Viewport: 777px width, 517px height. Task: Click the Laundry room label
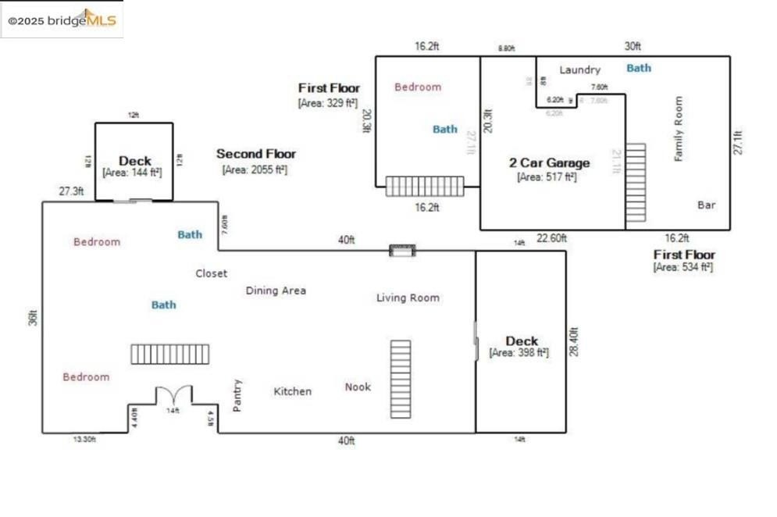click(579, 70)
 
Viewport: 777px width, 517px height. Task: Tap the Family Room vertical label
click(679, 129)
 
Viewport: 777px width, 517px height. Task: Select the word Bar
click(706, 205)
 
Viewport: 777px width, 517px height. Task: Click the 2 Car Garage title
click(549, 162)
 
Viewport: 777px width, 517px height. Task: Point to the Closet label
click(211, 273)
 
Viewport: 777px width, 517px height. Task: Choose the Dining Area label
click(276, 291)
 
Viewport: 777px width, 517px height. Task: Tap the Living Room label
click(408, 298)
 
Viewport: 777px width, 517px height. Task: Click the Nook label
click(358, 387)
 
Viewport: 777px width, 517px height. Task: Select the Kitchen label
click(292, 391)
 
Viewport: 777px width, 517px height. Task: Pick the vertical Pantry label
click(237, 395)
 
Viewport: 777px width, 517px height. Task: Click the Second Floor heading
click(256, 154)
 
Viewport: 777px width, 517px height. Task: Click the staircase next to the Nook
click(401, 379)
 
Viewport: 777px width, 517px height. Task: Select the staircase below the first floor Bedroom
click(425, 186)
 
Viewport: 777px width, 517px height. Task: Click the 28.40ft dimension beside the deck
click(574, 343)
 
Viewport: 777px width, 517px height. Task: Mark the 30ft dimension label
click(632, 47)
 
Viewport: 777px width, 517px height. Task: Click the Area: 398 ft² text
click(519, 353)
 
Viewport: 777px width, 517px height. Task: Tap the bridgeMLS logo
click(62, 20)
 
